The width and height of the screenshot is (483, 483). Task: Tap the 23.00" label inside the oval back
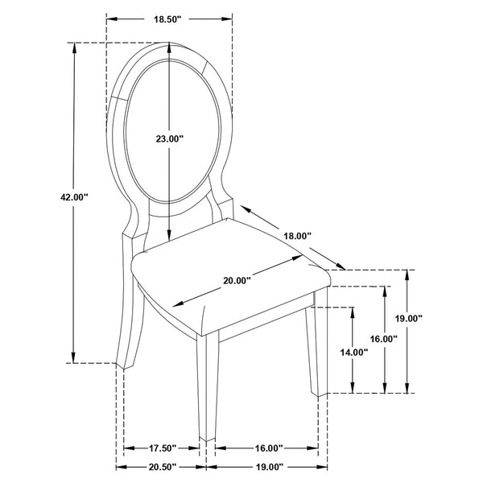[170, 139]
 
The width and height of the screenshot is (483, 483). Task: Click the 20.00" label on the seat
[237, 280]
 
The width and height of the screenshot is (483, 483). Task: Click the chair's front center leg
[204, 386]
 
